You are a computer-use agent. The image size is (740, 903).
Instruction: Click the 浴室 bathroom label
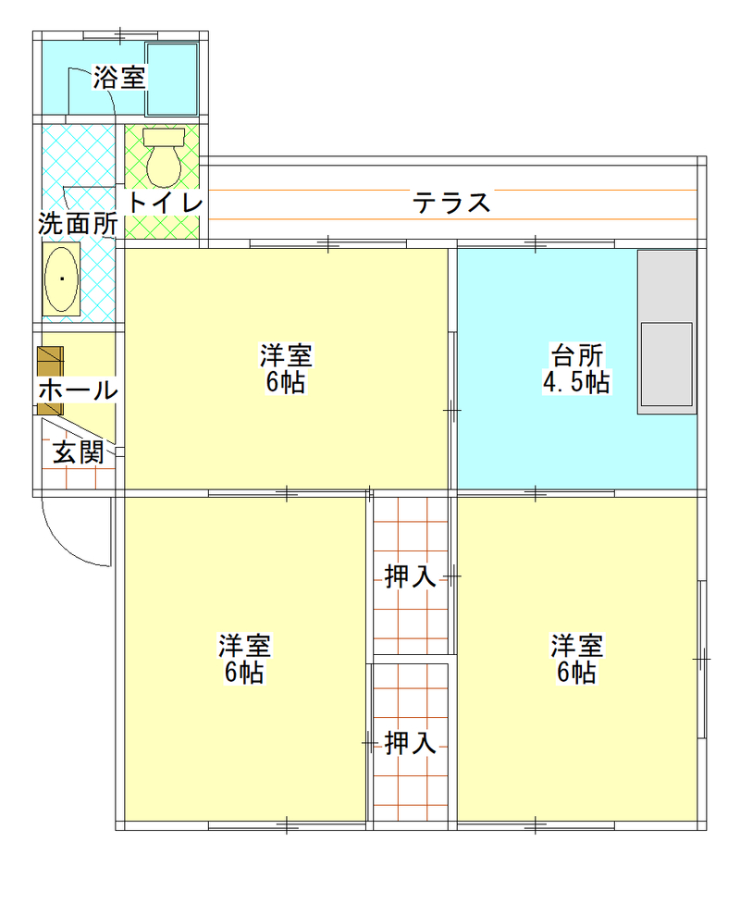click(x=119, y=77)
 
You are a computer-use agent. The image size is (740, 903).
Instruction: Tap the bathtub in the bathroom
click(x=172, y=79)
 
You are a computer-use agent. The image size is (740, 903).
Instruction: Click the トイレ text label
click(x=165, y=203)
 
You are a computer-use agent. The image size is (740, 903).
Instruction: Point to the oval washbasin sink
click(x=61, y=279)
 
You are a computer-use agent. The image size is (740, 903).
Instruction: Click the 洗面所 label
click(x=79, y=224)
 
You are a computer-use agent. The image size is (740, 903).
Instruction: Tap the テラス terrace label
click(x=451, y=203)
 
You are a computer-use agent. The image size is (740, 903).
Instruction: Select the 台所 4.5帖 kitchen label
click(x=576, y=368)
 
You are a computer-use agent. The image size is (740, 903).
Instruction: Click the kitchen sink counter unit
click(x=667, y=332)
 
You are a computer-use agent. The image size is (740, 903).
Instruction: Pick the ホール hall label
click(x=79, y=390)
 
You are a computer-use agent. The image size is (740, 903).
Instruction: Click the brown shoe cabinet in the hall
click(x=50, y=380)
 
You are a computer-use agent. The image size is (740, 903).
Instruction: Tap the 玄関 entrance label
click(x=79, y=452)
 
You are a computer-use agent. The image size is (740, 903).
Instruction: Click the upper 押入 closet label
click(x=410, y=576)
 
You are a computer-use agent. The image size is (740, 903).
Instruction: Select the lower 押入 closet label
click(x=410, y=743)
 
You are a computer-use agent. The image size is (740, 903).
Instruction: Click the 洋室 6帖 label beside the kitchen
click(x=286, y=368)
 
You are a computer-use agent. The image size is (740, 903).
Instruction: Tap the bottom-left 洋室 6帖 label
click(x=245, y=659)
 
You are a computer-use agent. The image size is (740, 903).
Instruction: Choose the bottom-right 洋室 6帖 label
click(x=577, y=659)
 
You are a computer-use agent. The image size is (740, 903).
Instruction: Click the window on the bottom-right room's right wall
click(x=701, y=660)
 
